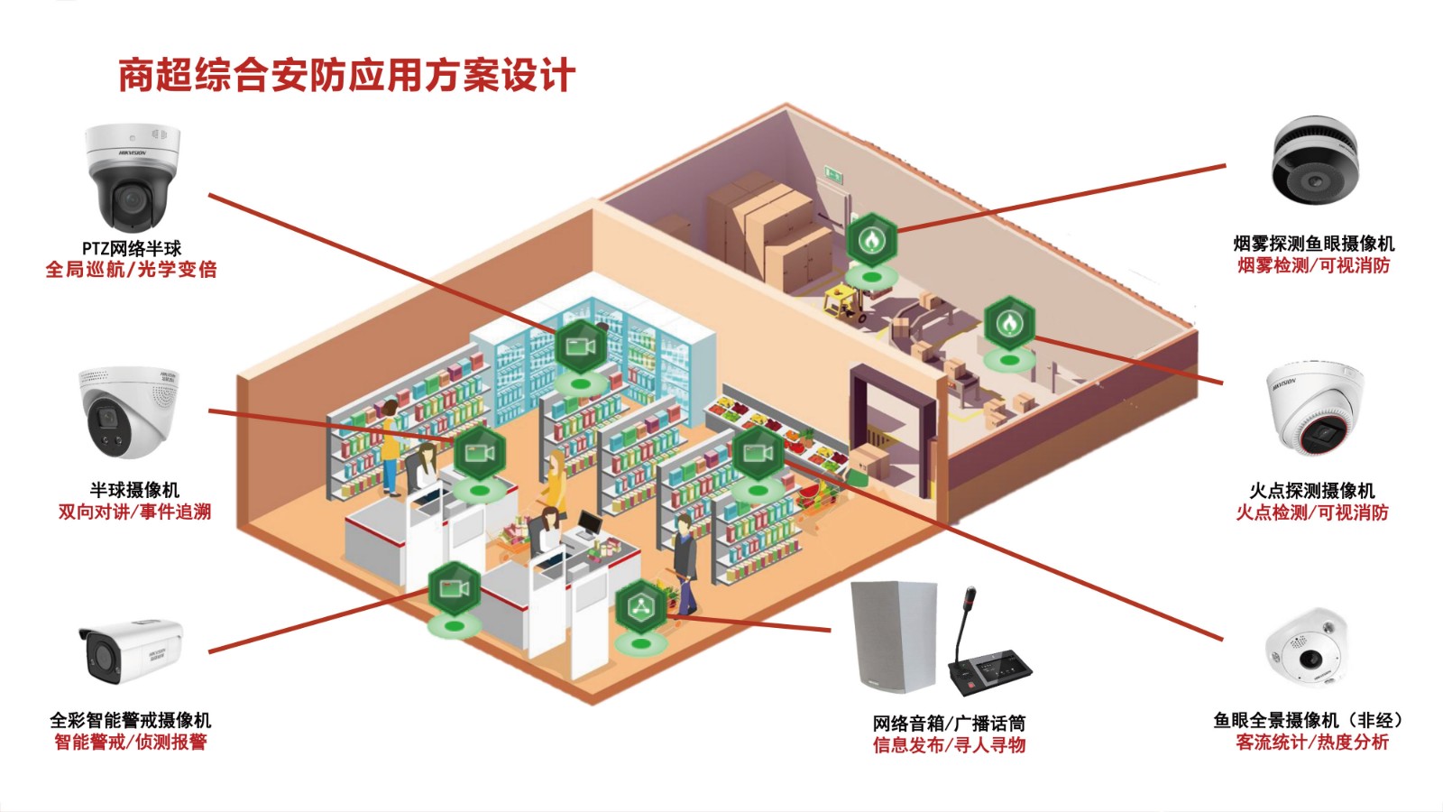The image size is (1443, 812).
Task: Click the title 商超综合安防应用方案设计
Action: pos(346,76)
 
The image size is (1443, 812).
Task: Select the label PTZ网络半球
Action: pos(132,248)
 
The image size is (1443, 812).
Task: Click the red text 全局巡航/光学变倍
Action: pos(132,270)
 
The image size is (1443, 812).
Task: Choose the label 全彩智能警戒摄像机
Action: pos(131,720)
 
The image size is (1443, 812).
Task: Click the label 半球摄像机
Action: pos(134,490)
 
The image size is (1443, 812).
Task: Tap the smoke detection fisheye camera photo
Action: pos(1314,160)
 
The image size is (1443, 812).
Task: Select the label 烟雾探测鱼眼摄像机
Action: pos(1313,244)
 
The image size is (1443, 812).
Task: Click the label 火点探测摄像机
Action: pos(1312,491)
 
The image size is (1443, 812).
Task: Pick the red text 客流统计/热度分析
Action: pos(1312,743)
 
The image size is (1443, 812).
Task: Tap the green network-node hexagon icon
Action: pos(640,607)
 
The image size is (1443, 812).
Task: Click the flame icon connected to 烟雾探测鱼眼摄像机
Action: pos(871,240)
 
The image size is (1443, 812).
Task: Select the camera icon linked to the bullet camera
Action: pos(453,589)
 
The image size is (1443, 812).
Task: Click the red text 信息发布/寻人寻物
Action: pos(949,745)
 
